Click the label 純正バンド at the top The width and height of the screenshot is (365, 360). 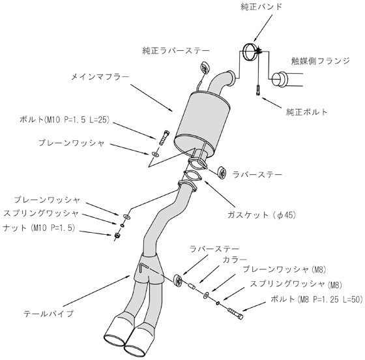[x=261, y=7]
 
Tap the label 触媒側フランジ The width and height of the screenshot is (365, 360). [x=320, y=61]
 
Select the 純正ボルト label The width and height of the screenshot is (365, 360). [x=306, y=112]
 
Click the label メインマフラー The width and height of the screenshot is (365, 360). [x=100, y=76]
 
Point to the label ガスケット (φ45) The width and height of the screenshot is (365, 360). [x=261, y=215]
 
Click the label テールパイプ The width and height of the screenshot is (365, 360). [x=49, y=314]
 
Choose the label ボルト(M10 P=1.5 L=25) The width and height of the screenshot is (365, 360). [x=65, y=120]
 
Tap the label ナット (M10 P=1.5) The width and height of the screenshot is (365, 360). [x=39, y=228]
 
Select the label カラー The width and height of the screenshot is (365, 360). [x=235, y=260]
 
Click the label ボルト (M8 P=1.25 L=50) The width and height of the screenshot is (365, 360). [x=317, y=299]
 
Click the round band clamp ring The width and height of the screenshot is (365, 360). [x=250, y=52]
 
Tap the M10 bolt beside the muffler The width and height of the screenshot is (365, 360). [x=164, y=138]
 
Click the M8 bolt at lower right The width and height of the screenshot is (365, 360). [x=235, y=313]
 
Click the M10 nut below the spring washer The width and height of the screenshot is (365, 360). [x=117, y=235]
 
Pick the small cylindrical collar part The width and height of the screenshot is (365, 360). [x=192, y=286]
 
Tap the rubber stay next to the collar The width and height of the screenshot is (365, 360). [x=179, y=280]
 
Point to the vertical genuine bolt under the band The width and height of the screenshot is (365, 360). [x=258, y=90]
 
